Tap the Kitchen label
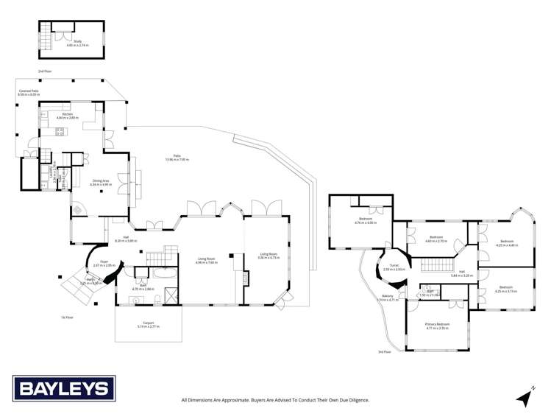coord(67,115)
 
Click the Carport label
coord(149,324)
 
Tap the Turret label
coord(394,268)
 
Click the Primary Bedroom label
coord(437,326)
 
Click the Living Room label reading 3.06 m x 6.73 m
coord(268,256)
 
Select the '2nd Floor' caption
coord(45,71)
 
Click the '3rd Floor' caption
coord(384,352)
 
